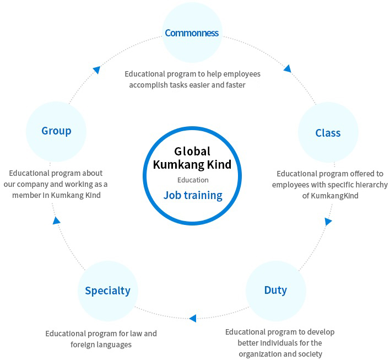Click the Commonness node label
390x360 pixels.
pos(192,33)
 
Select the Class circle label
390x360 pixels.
pos(328,133)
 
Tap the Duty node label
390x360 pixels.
pos(275,290)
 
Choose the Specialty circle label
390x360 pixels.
pos(107,291)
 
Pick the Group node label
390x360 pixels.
pos(56,131)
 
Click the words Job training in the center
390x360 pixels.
pos(193,195)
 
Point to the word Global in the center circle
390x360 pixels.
pos(192,151)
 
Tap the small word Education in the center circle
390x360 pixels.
pos(193,180)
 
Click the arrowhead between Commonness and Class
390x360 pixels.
pos(287,69)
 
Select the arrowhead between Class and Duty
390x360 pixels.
pos(328,222)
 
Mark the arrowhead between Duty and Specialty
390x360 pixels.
pos(192,318)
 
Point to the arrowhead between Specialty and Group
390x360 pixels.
pos(56,221)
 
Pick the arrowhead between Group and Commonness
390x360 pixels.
pos(96,70)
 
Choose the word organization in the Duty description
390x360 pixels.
pos(261,354)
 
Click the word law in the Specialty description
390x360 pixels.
pos(137,334)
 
